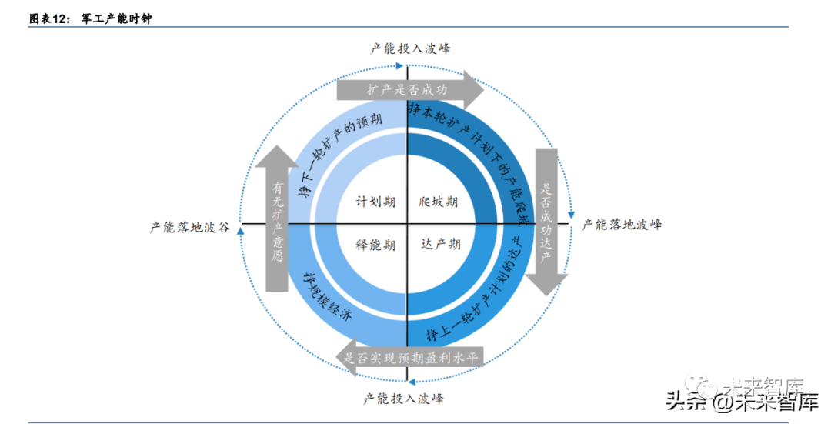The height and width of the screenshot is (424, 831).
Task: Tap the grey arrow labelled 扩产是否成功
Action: tap(409, 90)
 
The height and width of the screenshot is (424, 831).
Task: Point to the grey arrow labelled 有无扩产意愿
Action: tap(276, 219)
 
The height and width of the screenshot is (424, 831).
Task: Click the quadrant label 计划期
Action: tap(375, 202)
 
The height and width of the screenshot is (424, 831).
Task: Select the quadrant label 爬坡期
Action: tap(439, 202)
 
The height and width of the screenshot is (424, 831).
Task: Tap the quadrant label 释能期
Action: tap(375, 245)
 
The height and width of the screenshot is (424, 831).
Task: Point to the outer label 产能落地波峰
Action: tap(622, 225)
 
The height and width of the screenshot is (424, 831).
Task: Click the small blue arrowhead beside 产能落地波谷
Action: tap(241, 230)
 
